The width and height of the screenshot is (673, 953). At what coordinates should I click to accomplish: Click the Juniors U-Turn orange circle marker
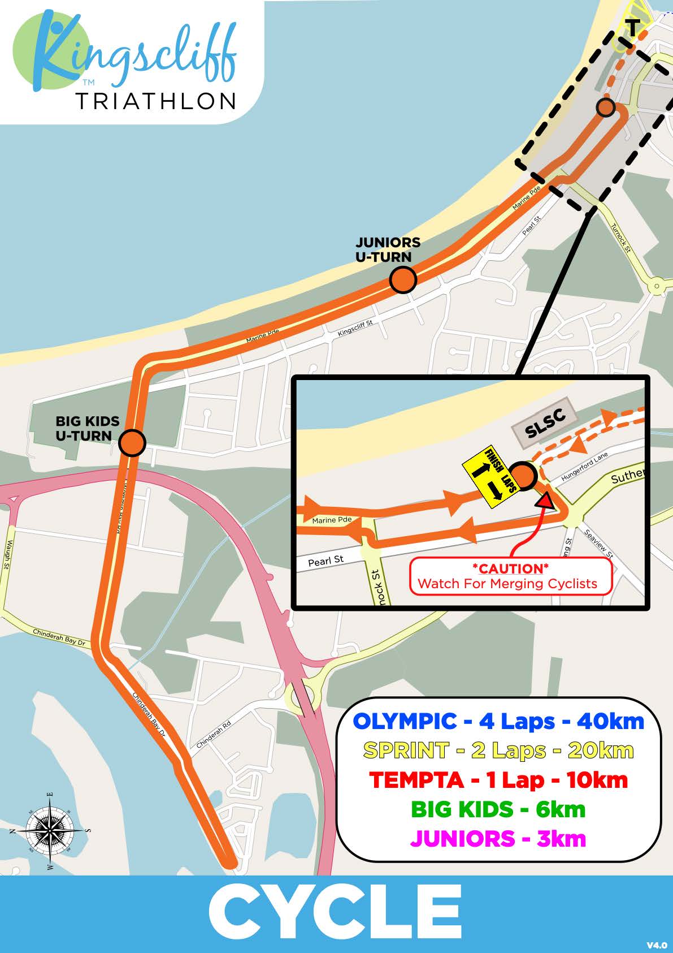403,280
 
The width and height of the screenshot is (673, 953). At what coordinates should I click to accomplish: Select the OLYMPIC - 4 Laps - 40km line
498,721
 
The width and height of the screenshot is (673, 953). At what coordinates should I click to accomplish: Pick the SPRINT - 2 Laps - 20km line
498,751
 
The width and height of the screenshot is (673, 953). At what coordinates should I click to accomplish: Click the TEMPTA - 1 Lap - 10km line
498,780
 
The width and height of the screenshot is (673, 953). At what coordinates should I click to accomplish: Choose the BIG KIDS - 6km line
498,809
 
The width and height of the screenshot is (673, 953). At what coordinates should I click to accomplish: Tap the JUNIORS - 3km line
498,838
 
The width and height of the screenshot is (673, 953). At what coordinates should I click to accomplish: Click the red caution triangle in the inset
545,501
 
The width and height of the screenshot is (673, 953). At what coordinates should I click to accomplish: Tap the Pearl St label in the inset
325,561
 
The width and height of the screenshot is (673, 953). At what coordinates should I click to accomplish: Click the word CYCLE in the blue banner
336,913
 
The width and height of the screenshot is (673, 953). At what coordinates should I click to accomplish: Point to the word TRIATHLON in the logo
155,101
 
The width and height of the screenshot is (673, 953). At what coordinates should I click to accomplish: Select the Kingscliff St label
355,329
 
